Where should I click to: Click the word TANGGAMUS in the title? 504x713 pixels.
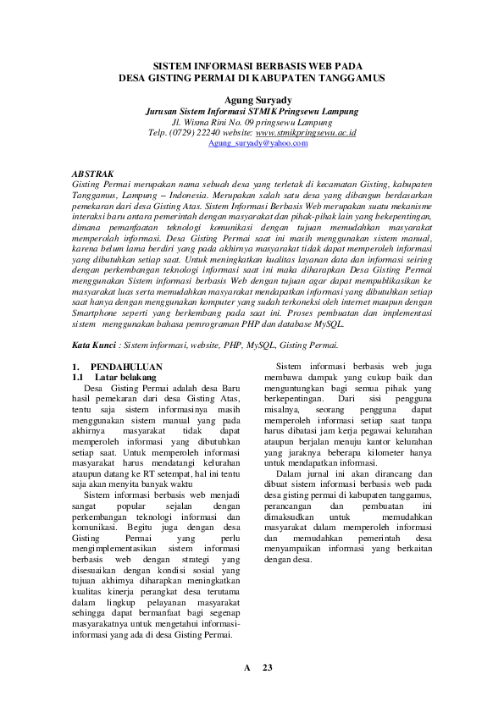click(x=349, y=78)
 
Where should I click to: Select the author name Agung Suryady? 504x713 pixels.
click(x=252, y=99)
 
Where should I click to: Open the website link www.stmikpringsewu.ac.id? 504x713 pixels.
click(x=306, y=133)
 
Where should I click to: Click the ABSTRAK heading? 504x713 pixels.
click(x=93, y=172)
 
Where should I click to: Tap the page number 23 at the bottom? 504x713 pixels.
click(x=267, y=668)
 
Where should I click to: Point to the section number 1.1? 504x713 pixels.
click(x=80, y=378)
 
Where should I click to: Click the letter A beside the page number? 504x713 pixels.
click(x=247, y=668)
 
